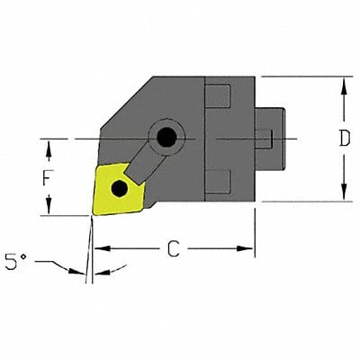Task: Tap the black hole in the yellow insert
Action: [x=119, y=189]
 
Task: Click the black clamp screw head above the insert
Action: [x=166, y=138]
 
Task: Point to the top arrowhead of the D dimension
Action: [x=344, y=83]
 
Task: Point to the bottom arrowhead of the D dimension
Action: [x=344, y=197]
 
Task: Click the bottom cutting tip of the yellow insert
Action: [x=94, y=214]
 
